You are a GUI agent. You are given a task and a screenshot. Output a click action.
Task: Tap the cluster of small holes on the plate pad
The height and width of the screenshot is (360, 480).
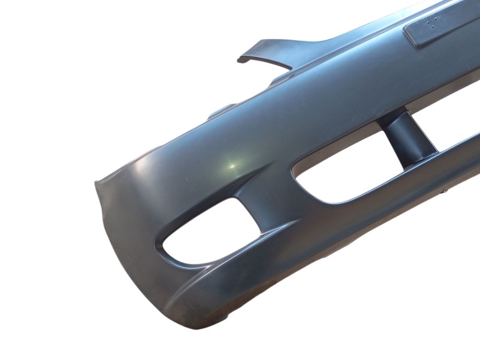click(431, 23)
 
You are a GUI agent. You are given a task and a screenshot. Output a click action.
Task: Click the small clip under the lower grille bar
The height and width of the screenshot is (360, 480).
click(445, 191)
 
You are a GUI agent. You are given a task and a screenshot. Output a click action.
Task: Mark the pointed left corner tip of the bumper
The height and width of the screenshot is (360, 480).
click(96, 181)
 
